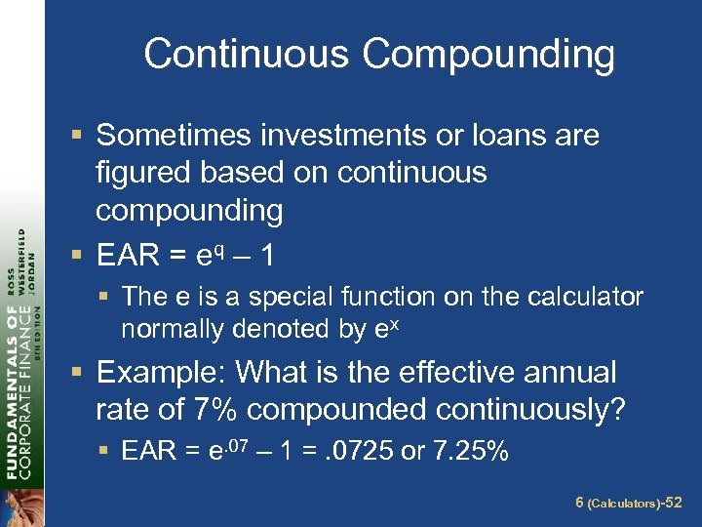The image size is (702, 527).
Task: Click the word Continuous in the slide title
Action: [248, 56]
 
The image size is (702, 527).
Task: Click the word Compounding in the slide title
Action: [488, 56]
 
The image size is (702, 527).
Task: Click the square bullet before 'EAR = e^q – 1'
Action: [78, 257]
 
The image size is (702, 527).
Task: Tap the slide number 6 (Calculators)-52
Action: [627, 503]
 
